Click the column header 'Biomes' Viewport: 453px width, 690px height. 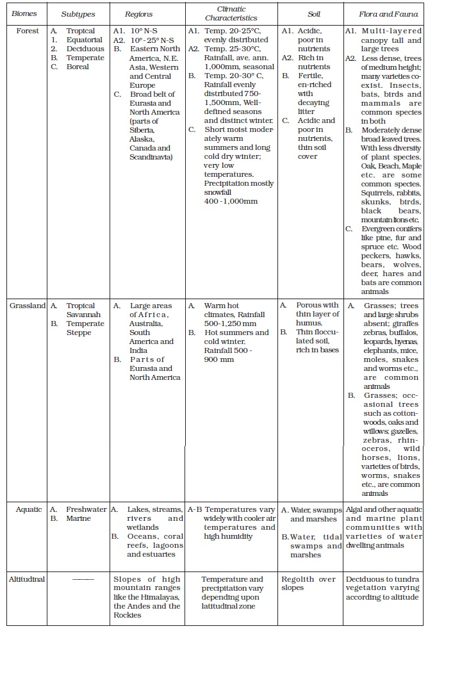coord(24,13)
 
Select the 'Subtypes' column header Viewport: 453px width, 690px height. coord(78,13)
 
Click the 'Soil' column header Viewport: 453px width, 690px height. coord(313,13)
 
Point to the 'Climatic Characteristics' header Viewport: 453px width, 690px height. coord(231,13)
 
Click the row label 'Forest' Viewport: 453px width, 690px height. coord(27,31)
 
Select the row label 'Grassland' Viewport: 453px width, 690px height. coord(28,306)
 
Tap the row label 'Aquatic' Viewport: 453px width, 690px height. coord(29,509)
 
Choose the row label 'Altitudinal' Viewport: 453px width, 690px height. coord(27,579)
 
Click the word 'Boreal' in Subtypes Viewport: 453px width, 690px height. coord(78,67)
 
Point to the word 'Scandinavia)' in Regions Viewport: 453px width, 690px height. coord(151,157)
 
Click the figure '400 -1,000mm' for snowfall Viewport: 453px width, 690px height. coord(231,201)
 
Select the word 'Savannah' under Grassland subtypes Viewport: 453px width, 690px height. coord(83,315)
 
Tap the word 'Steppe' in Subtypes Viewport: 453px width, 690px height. coord(79,333)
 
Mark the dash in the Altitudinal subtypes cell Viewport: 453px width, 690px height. coord(83,579)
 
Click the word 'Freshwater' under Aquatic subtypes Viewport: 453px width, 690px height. coord(86,509)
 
